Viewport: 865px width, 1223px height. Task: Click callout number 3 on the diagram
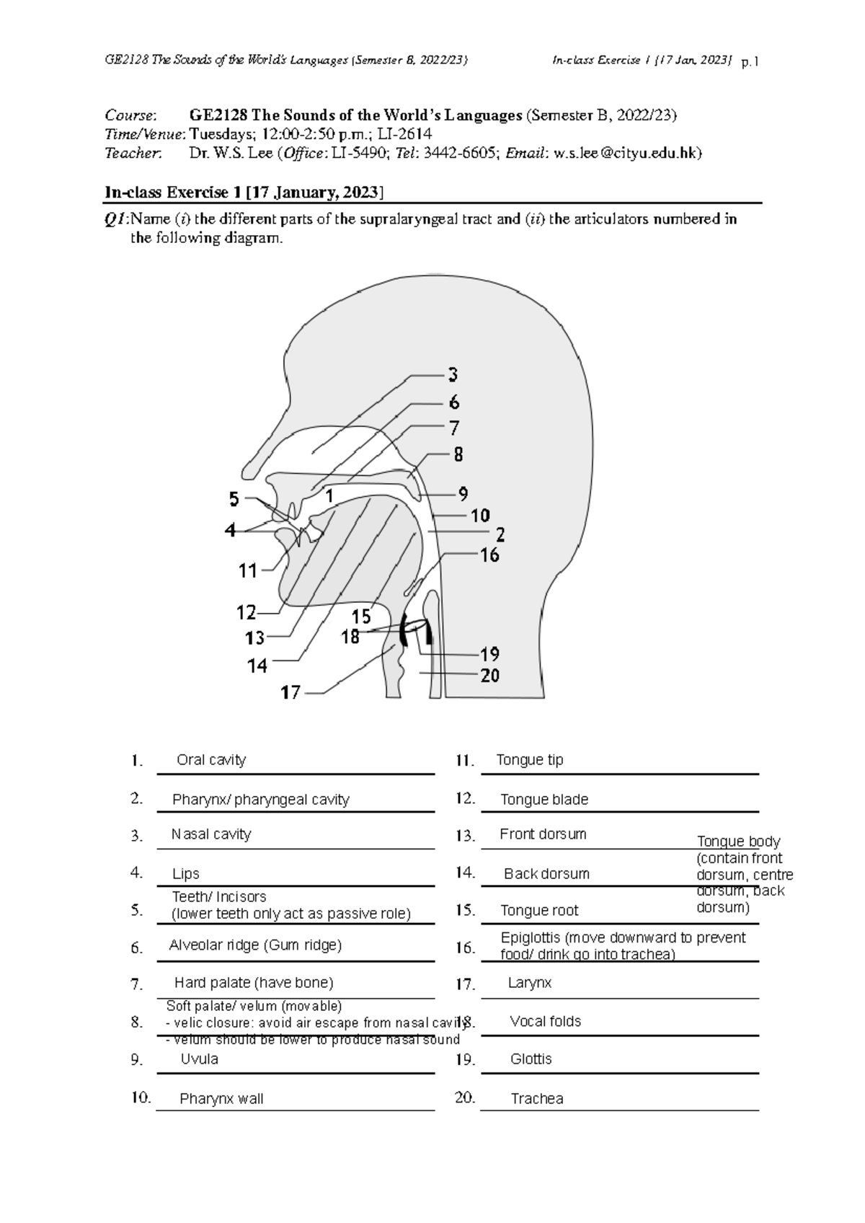[453, 375]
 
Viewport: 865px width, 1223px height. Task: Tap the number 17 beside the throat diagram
[290, 693]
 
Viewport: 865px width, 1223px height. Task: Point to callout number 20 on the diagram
[489, 676]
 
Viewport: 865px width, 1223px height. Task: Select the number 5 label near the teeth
[234, 499]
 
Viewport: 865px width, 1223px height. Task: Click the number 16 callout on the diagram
[489, 555]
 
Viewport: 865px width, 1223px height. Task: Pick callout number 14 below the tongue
[257, 666]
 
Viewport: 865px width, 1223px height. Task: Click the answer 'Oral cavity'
[211, 760]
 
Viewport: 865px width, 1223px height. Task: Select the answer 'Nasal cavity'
[211, 834]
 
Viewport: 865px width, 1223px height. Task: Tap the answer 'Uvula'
[199, 1059]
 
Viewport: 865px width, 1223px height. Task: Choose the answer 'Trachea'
[537, 1099]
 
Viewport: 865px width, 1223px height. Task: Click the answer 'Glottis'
[531, 1059]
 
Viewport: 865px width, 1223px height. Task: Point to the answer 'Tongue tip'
[530, 760]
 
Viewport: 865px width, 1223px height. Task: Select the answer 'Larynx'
[530, 982]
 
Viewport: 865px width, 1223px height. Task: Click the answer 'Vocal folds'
[545, 1021]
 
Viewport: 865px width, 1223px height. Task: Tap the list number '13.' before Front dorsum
[465, 836]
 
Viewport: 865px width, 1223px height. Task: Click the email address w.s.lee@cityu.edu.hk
[624, 153]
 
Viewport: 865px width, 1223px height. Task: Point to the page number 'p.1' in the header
[750, 62]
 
